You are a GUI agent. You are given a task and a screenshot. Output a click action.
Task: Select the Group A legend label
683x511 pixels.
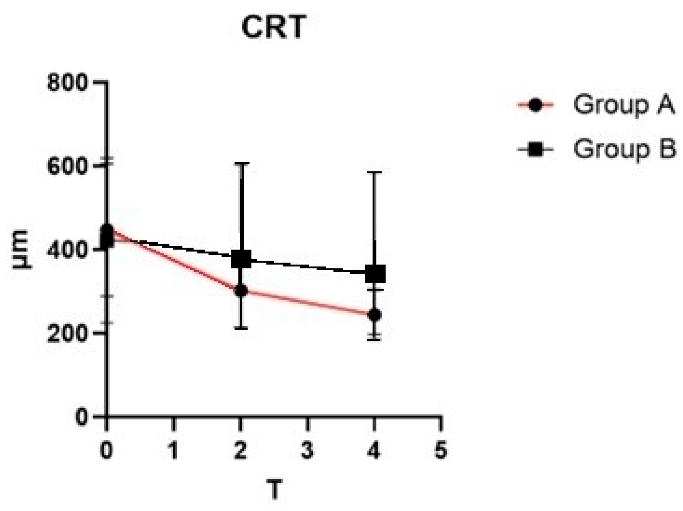624,104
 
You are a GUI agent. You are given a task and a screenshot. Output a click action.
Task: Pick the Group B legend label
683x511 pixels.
624,149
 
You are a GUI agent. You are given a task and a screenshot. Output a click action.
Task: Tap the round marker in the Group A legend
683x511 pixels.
535,105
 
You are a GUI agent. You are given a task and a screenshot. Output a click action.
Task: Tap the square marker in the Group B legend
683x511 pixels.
535,149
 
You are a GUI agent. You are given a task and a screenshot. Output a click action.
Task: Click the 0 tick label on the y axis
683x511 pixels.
81,417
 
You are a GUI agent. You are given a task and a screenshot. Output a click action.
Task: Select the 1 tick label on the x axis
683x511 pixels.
174,450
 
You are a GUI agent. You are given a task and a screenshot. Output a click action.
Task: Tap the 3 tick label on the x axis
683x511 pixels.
307,450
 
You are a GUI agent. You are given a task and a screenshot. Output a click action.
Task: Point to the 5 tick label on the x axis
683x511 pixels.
441,450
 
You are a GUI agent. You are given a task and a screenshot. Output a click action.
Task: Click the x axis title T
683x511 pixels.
274,490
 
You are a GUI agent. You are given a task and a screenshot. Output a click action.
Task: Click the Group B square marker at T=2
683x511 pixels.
241,260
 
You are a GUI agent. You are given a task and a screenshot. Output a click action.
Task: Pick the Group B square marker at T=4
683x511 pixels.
375,274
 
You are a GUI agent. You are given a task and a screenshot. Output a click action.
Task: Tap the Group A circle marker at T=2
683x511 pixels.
241,291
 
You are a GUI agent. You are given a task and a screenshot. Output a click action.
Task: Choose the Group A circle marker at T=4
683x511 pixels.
374,315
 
